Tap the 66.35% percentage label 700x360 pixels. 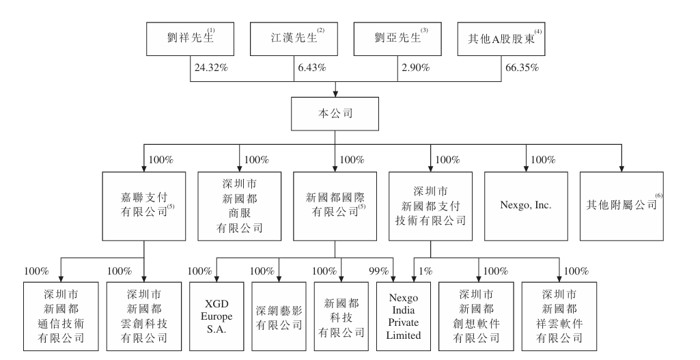click(521, 68)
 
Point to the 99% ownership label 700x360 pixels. click(378, 271)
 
